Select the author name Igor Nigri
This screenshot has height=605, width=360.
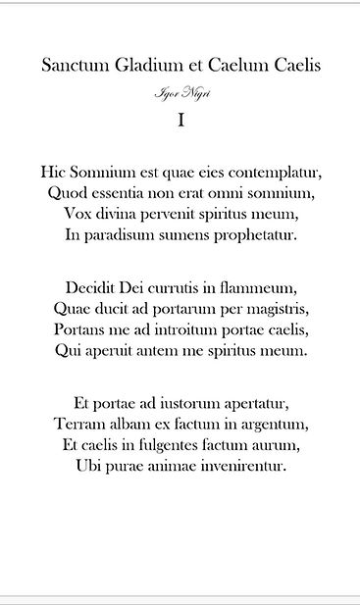coord(180,93)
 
